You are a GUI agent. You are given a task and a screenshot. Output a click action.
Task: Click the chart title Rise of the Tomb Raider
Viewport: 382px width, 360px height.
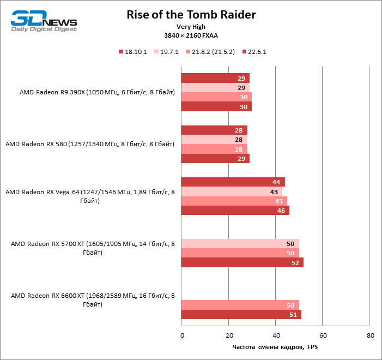coord(191,14)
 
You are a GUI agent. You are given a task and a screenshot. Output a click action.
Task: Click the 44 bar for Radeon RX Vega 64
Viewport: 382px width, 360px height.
coord(233,182)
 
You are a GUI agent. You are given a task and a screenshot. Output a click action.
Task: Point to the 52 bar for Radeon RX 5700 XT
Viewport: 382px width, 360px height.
coord(242,262)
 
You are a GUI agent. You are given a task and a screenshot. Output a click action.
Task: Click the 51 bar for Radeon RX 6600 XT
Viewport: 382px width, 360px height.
coord(241,314)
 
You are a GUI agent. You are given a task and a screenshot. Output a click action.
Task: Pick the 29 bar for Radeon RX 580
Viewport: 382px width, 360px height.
coord(215,158)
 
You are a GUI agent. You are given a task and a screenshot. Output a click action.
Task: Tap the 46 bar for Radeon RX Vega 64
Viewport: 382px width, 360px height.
coord(235,210)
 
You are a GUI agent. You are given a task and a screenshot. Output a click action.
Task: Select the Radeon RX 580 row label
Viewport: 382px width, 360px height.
coord(90,145)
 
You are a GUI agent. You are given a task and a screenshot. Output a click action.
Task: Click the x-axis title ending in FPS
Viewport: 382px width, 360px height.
coord(275,347)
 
